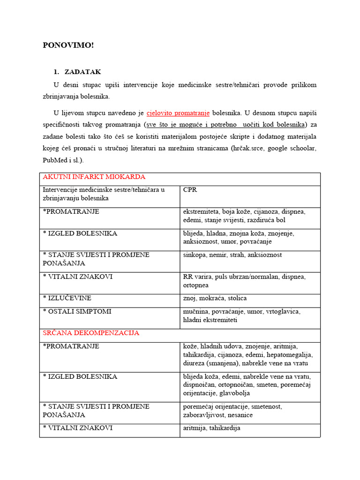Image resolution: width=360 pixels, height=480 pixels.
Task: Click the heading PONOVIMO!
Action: coord(68,45)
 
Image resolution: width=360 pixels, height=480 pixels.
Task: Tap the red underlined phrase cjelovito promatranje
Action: coord(178,113)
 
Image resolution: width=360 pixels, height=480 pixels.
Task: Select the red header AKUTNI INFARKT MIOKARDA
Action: coord(94,177)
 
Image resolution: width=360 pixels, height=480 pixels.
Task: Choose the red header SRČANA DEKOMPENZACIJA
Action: coord(91,333)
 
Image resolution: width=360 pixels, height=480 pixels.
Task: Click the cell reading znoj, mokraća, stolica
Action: coord(215,298)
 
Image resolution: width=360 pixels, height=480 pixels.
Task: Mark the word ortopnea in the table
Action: coord(196,285)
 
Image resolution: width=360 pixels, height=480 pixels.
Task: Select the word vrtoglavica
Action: coord(294,311)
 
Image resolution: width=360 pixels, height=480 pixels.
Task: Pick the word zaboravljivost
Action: coord(204,415)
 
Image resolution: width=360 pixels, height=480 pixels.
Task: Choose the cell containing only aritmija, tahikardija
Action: coord(211,428)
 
